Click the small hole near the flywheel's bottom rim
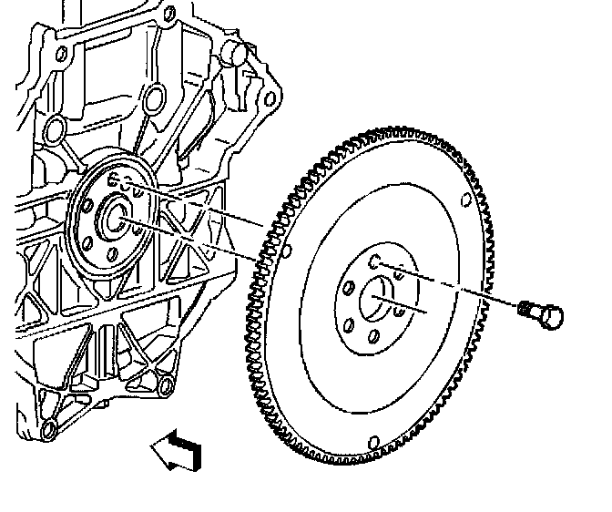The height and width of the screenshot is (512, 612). pos(372,445)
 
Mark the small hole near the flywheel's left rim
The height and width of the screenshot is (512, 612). pos(286,251)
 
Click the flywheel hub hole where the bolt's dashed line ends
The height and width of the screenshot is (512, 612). pos(375,262)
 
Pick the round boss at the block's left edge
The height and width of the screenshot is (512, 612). pos(55,125)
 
